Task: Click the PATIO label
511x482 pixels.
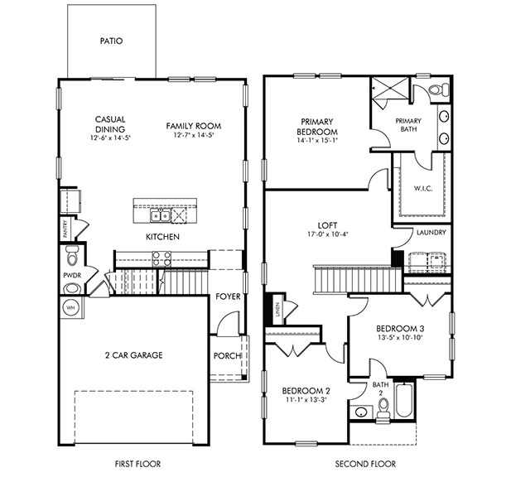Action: click(111, 40)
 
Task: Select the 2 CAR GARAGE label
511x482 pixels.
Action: click(133, 355)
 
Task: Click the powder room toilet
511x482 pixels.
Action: click(71, 251)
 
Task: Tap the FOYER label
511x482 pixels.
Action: click(228, 296)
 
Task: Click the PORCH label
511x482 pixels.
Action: click(228, 356)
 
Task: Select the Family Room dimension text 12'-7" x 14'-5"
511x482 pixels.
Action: click(193, 136)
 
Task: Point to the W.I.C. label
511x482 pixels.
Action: click(423, 189)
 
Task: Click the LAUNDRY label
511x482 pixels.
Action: click(431, 233)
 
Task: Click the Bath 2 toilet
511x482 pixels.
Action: click(383, 405)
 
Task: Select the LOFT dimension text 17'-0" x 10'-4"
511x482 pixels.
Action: click(327, 234)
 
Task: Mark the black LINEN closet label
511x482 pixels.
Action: click(276, 313)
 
